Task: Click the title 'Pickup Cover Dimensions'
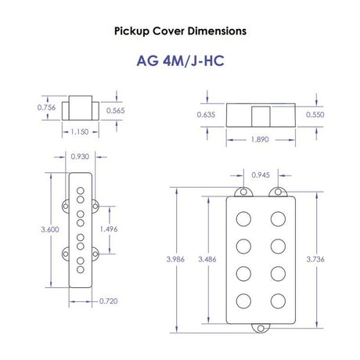(180, 31)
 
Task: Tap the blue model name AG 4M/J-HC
(180, 61)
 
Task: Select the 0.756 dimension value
(46, 107)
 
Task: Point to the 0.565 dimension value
(116, 110)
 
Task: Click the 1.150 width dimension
(80, 131)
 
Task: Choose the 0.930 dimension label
(80, 157)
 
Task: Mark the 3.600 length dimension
(50, 229)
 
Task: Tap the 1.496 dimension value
(109, 229)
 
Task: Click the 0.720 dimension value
(109, 301)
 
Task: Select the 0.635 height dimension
(206, 114)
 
